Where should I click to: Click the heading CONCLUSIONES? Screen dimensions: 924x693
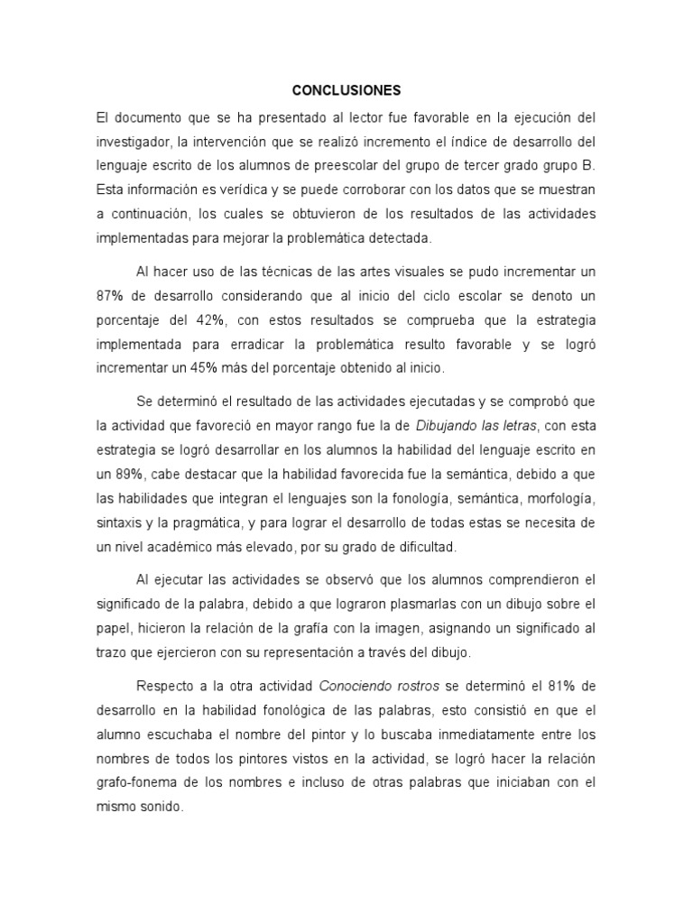pyautogui.click(x=346, y=91)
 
